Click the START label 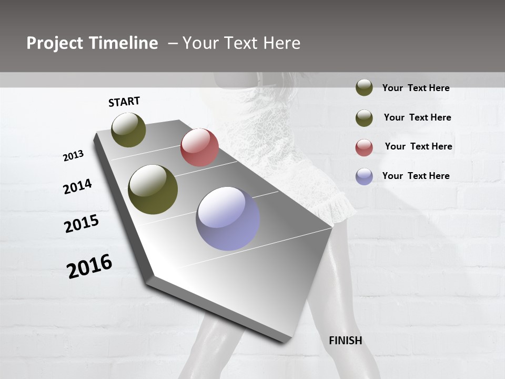[x=124, y=102]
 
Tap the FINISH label [x=346, y=341]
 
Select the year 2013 [x=73, y=156]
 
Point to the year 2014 [x=77, y=186]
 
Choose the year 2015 [x=82, y=224]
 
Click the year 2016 [x=89, y=266]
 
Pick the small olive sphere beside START [x=129, y=129]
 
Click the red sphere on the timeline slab [x=199, y=147]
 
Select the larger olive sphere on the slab [x=153, y=189]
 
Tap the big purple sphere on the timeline [x=228, y=218]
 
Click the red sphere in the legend [x=364, y=147]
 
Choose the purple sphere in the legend [x=364, y=176]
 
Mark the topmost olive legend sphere [x=364, y=87]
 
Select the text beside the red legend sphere [x=418, y=146]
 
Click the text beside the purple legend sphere [x=416, y=176]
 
